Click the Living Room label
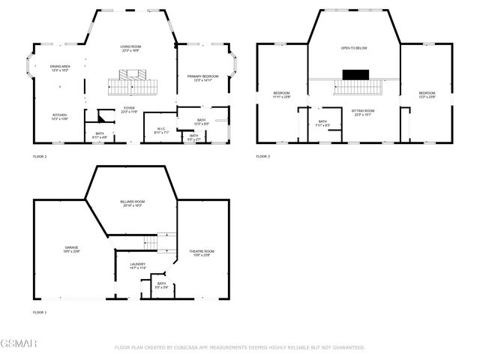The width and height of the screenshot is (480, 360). click(x=131, y=48)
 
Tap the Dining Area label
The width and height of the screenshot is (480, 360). click(x=61, y=67)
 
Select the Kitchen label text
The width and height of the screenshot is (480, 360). click(x=60, y=115)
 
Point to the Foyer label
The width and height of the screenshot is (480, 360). click(x=130, y=109)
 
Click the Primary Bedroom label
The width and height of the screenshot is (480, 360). click(x=202, y=77)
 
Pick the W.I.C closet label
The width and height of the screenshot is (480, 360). click(x=161, y=129)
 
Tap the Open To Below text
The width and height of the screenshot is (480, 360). click(x=352, y=48)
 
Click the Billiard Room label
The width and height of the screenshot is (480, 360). click(x=132, y=202)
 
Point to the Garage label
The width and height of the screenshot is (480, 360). click(x=71, y=248)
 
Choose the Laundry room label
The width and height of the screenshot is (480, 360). click(x=137, y=265)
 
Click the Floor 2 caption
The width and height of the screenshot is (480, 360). click(x=40, y=156)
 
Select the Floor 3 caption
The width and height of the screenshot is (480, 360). click(x=262, y=156)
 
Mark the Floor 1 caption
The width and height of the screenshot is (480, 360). click(x=40, y=311)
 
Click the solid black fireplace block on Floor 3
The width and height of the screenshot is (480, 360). click(x=352, y=74)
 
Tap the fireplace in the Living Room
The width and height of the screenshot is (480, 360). click(x=132, y=73)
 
